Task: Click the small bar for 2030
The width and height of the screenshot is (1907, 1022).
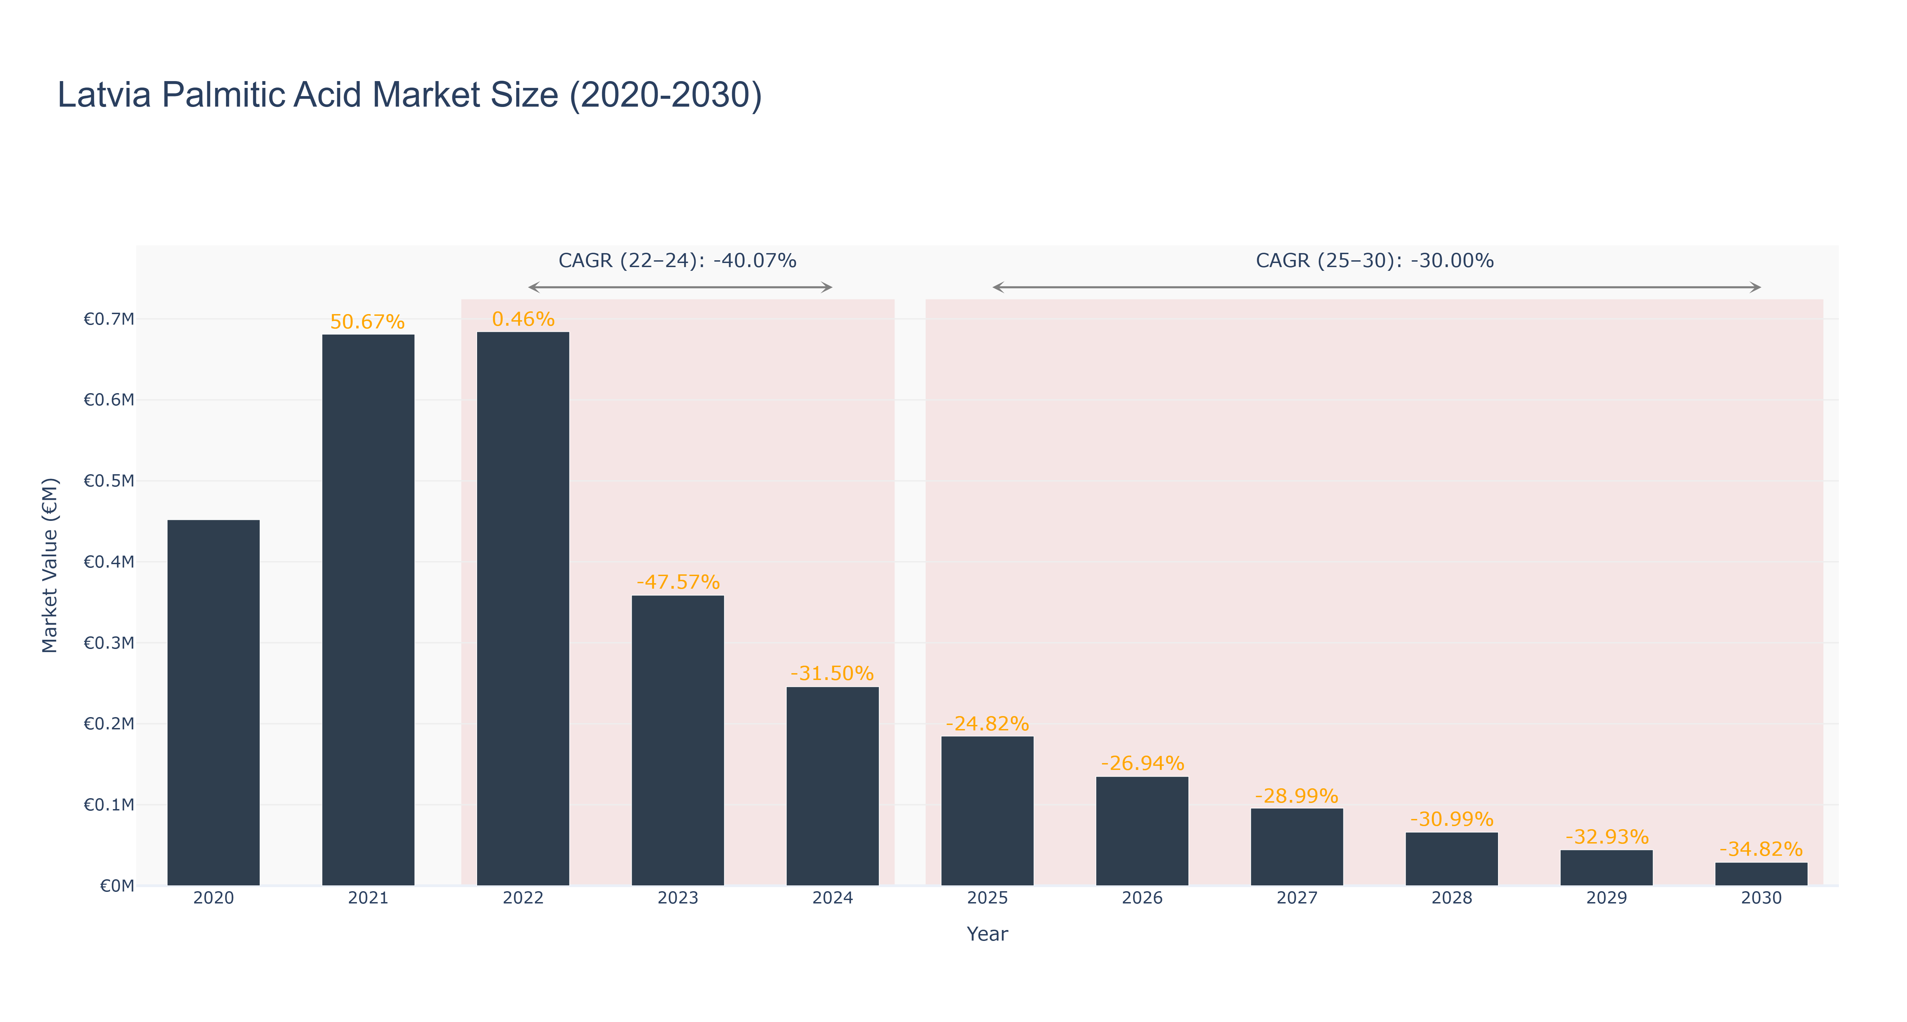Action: (1761, 874)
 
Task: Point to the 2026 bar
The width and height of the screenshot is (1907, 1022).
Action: (1142, 831)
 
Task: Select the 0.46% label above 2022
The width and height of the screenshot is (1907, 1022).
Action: (523, 319)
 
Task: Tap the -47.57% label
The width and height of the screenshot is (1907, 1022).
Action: (678, 582)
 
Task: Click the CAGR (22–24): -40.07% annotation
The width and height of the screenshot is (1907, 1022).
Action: (677, 261)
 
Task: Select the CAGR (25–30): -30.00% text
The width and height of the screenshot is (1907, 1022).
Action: (1375, 261)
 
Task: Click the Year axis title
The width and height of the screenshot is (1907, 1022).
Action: (988, 934)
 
